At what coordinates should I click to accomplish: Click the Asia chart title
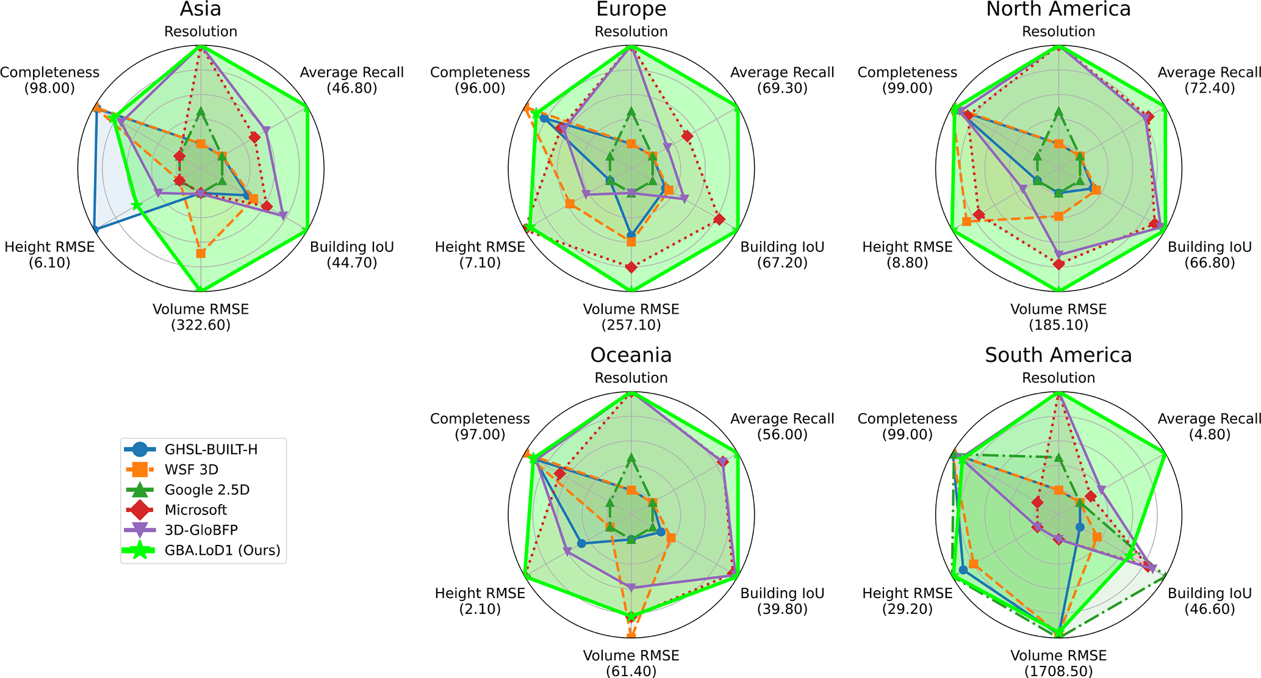point(201,9)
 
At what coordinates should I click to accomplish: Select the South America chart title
point(1058,355)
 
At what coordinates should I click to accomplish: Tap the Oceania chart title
point(631,355)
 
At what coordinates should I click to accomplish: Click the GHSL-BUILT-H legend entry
point(210,450)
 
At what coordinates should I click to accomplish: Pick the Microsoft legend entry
point(195,510)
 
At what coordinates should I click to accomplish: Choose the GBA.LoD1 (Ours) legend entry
point(222,550)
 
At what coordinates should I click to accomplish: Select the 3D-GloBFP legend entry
point(201,530)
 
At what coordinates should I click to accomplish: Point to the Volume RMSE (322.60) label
point(201,317)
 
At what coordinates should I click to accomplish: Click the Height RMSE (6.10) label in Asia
point(49,254)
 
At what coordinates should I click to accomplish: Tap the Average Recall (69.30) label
point(782,80)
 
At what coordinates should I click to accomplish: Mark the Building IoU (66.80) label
point(1210,254)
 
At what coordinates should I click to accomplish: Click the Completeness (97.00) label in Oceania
point(480,426)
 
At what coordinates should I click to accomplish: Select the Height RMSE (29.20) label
point(907,600)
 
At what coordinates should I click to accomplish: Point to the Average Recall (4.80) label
point(1210,426)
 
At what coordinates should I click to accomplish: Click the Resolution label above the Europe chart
point(631,32)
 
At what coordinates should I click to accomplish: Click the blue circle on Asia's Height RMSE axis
point(95,229)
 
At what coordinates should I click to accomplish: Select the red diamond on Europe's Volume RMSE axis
point(631,267)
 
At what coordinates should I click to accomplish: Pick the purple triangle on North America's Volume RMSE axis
point(1058,254)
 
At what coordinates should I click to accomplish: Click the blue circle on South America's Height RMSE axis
point(963,570)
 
